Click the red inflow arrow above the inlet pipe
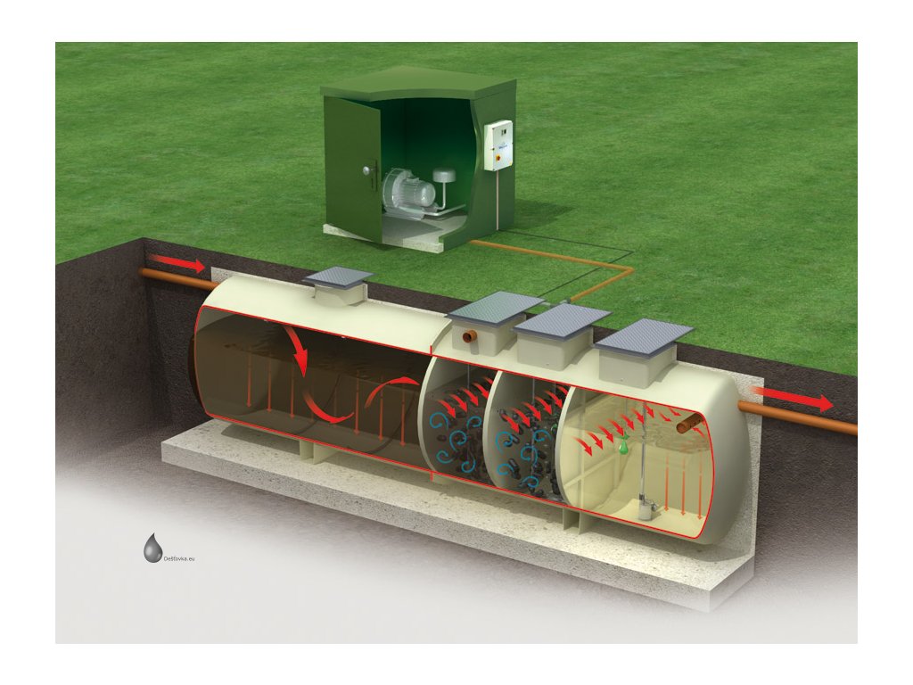(x=177, y=263)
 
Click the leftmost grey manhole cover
(x=338, y=277)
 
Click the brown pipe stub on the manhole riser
(x=468, y=341)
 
